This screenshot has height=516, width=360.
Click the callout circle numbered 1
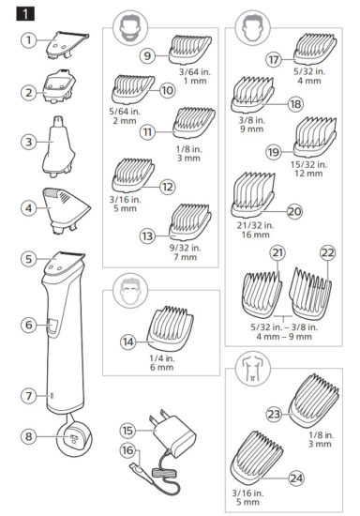[x=30, y=40]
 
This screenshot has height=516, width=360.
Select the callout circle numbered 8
[x=30, y=435]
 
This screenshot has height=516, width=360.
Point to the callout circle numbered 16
[x=127, y=450]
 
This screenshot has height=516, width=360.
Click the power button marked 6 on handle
[x=52, y=326]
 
